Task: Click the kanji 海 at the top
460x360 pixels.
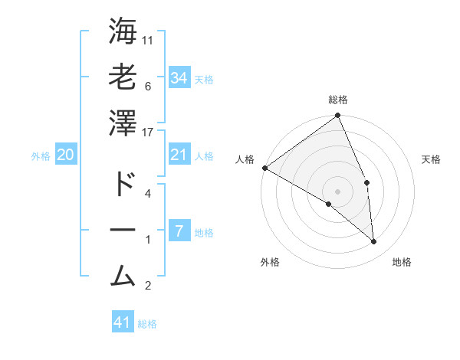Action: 123,31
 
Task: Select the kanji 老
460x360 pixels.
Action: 123,77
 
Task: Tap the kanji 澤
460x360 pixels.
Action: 123,123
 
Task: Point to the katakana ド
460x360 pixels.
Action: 123,185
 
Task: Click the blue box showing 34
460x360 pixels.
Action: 179,78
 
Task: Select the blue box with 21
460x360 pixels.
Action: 179,155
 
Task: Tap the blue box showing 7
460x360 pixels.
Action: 179,231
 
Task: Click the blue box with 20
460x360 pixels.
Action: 66,155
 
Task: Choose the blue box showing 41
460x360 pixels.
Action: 123,322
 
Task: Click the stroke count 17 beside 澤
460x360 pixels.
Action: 149,132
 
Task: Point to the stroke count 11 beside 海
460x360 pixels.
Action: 149,40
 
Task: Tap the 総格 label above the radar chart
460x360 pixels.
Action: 338,100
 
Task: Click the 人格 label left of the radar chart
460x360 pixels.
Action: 245,159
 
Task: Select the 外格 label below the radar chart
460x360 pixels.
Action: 269,262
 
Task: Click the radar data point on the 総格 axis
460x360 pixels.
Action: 338,116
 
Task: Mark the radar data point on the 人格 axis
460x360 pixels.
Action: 264,168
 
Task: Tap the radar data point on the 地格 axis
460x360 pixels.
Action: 374,241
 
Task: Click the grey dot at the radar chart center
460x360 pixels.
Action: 338,191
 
